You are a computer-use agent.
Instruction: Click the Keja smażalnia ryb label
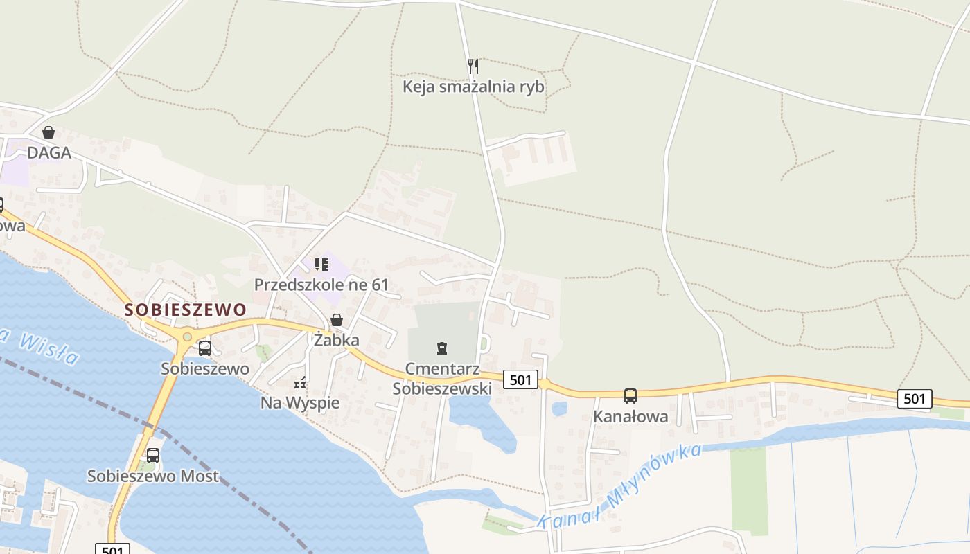pyautogui.click(x=473, y=87)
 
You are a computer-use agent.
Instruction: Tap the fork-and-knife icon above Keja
pyautogui.click(x=473, y=66)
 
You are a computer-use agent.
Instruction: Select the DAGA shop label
pyautogui.click(x=49, y=152)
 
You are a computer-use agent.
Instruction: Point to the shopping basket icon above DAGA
pyautogui.click(x=48, y=132)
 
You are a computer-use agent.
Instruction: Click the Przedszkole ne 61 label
pyautogui.click(x=321, y=285)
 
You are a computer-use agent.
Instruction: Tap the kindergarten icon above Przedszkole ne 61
pyautogui.click(x=321, y=265)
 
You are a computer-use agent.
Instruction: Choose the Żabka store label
pyautogui.click(x=337, y=340)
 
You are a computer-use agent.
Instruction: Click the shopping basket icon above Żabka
pyautogui.click(x=337, y=320)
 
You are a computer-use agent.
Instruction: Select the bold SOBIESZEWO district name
pyautogui.click(x=186, y=310)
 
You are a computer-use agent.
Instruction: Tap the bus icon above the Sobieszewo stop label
pyautogui.click(x=205, y=348)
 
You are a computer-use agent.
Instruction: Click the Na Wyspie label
pyautogui.click(x=300, y=402)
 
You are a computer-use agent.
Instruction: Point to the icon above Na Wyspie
pyautogui.click(x=300, y=382)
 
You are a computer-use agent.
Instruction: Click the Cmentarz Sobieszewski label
pyautogui.click(x=442, y=378)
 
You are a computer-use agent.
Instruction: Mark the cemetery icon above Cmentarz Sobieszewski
pyautogui.click(x=442, y=348)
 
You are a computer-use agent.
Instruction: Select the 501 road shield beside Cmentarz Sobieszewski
pyautogui.click(x=520, y=379)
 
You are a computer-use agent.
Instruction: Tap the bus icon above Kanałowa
pyautogui.click(x=630, y=396)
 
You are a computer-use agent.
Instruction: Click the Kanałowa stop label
pyautogui.click(x=630, y=416)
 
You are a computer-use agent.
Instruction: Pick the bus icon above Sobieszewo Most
pyautogui.click(x=153, y=456)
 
